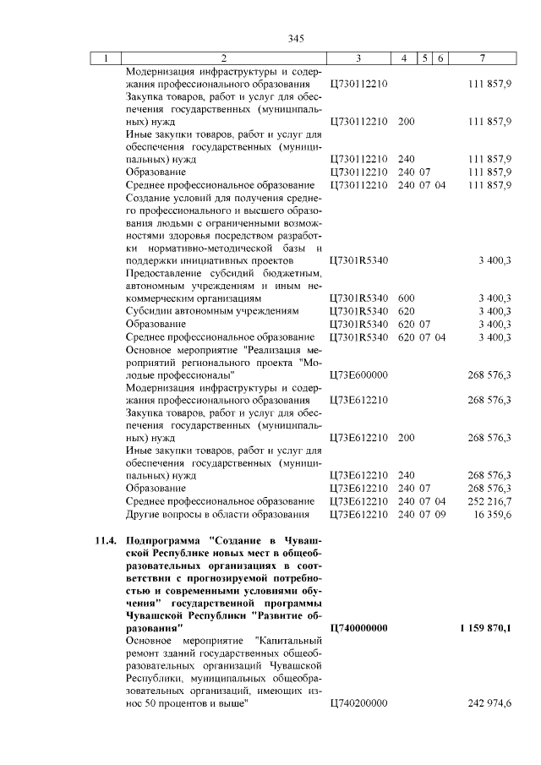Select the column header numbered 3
[x=358, y=58]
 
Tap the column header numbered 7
[x=481, y=58]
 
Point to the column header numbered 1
[x=106, y=58]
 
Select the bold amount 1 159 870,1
[x=486, y=628]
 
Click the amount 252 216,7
[x=489, y=501]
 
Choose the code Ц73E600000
[x=358, y=374]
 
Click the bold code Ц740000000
[x=358, y=628]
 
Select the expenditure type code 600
[x=406, y=298]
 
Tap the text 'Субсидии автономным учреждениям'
[x=212, y=311]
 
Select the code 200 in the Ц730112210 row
[x=406, y=122]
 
